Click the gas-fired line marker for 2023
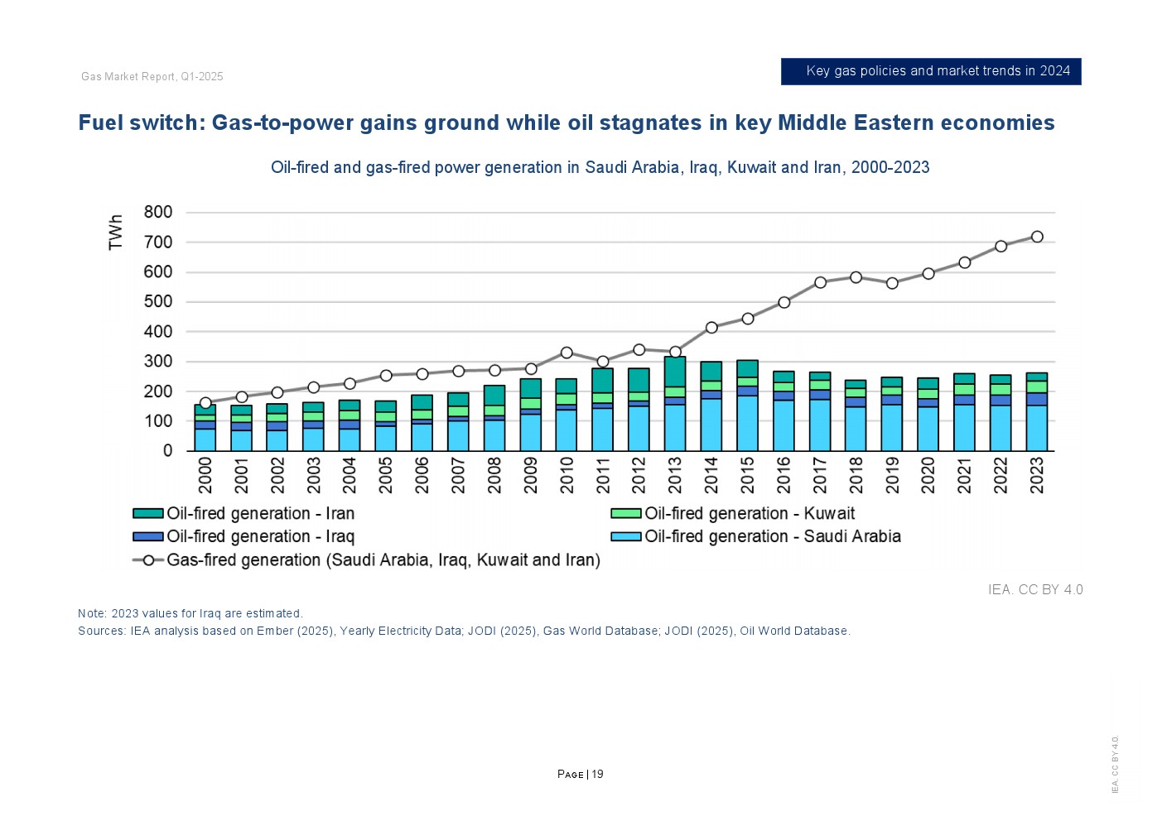click(1037, 237)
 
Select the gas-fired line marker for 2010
click(567, 353)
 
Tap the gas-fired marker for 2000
click(205, 403)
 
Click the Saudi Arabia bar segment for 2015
click(748, 423)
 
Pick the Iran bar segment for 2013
click(675, 372)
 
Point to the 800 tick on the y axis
click(158, 212)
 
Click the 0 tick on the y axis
click(168, 451)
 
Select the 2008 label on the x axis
click(494, 475)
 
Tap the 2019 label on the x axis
click(892, 475)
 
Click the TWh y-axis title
click(116, 232)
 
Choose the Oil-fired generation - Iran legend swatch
click(148, 514)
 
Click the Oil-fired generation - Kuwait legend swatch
click(626, 514)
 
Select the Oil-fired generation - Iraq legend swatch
click(148, 537)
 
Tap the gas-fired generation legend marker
click(148, 560)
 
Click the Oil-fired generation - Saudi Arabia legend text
click(773, 537)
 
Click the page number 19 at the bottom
click(597, 775)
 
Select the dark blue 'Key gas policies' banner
click(931, 71)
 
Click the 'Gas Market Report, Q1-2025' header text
click(152, 77)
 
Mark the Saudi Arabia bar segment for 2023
click(1037, 428)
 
